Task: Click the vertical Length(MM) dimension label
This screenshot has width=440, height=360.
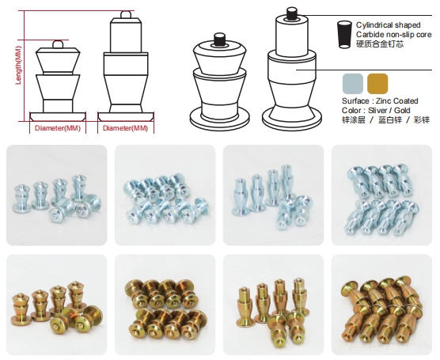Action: (18, 66)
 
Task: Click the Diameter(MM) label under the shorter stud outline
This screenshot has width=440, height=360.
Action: (58, 128)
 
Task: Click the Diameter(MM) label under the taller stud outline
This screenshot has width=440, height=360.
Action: (125, 128)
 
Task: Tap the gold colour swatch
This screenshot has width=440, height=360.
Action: (377, 84)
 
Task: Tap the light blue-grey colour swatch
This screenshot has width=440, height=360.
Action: (353, 84)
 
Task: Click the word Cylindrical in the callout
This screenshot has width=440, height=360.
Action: (374, 25)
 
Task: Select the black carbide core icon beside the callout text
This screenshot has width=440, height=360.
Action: (344, 34)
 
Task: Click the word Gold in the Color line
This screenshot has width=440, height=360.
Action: (402, 110)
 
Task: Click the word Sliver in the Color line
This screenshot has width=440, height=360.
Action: (377, 110)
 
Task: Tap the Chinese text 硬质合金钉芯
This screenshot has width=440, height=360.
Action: (380, 44)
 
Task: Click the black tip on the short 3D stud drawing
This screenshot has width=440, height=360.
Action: (220, 39)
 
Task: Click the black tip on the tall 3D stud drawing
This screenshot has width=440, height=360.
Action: (292, 13)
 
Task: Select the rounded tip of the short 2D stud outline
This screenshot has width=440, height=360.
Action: (58, 44)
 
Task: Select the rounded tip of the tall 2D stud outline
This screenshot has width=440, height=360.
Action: (126, 14)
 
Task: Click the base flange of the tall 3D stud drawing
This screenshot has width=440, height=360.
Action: (292, 119)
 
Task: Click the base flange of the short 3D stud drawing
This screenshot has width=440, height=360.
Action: (219, 121)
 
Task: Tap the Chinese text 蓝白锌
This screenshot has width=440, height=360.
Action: (390, 120)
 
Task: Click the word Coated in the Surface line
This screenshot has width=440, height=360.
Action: (406, 100)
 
